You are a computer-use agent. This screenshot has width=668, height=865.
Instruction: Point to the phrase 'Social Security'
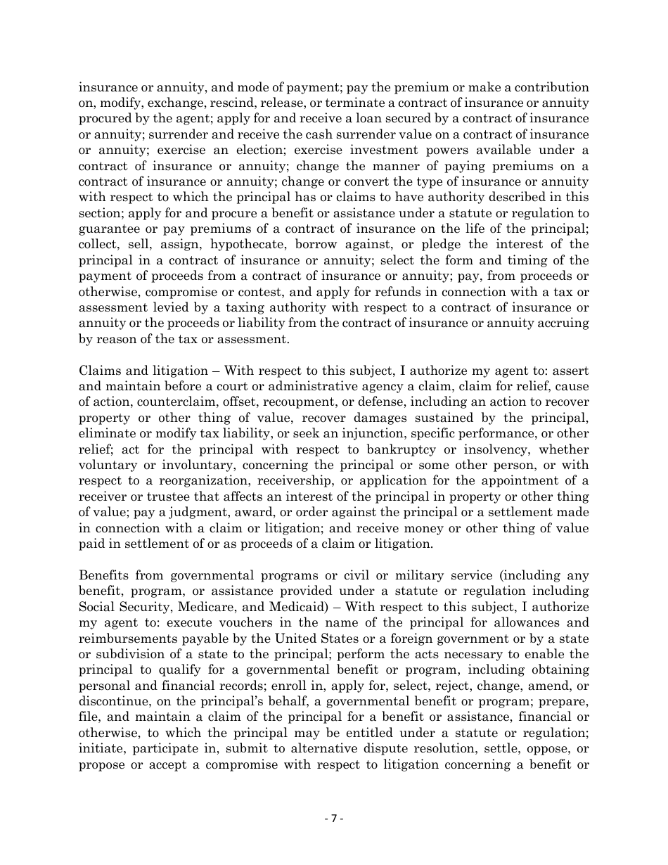coord(115,607)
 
